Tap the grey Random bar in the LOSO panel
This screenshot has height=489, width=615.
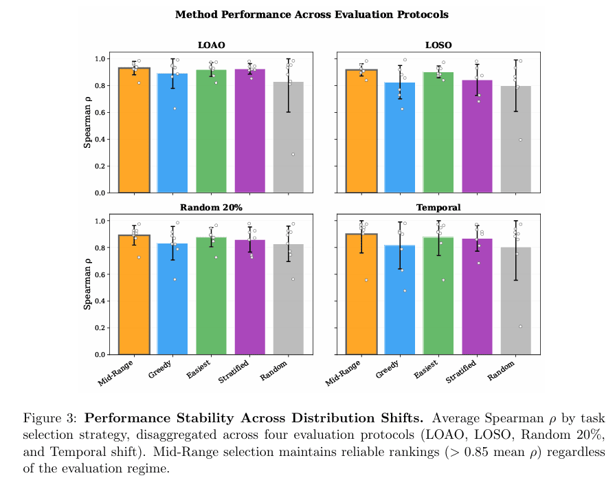click(515, 138)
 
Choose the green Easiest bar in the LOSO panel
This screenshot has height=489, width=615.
click(438, 131)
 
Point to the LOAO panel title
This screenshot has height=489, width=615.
click(211, 45)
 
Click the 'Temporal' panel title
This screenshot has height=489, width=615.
click(438, 207)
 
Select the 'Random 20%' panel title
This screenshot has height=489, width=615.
click(211, 207)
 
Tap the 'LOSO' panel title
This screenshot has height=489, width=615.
click(438, 45)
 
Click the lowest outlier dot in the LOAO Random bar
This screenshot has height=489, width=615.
click(293, 154)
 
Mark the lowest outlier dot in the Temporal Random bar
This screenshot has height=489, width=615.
click(520, 326)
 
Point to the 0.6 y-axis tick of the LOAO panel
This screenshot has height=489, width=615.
click(107, 112)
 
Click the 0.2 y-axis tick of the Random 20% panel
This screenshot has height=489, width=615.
click(107, 327)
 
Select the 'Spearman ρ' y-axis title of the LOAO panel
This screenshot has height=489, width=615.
click(87, 125)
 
